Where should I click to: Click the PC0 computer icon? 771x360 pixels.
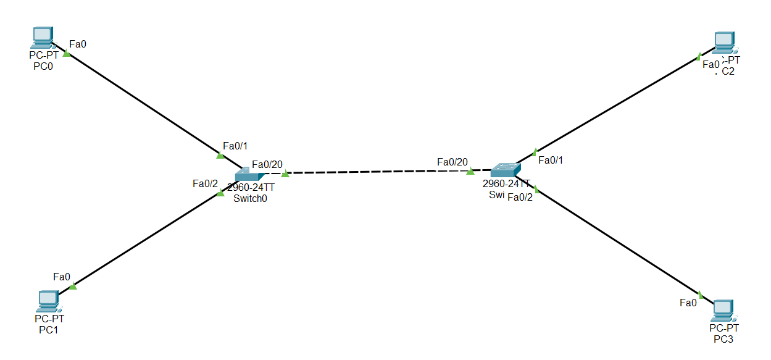tap(43, 38)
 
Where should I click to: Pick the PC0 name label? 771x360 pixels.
tap(43, 66)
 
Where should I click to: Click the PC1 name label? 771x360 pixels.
tap(49, 329)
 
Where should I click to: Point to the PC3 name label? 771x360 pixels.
tap(723, 339)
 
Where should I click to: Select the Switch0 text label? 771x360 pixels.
tap(251, 198)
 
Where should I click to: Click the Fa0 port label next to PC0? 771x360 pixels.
tap(78, 44)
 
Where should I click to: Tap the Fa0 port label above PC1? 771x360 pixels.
tap(62, 277)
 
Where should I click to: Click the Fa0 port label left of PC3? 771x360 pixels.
tap(688, 302)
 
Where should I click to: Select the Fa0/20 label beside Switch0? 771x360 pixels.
tap(267, 164)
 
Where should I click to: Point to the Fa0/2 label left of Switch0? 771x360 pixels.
tap(206, 183)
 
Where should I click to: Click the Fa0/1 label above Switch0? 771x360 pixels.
tap(235, 146)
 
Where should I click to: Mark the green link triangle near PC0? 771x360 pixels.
tap(67, 54)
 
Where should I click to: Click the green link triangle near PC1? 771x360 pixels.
tap(73, 285)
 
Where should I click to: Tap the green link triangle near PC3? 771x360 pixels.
tap(701, 295)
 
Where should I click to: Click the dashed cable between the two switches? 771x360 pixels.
tap(370, 171)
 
